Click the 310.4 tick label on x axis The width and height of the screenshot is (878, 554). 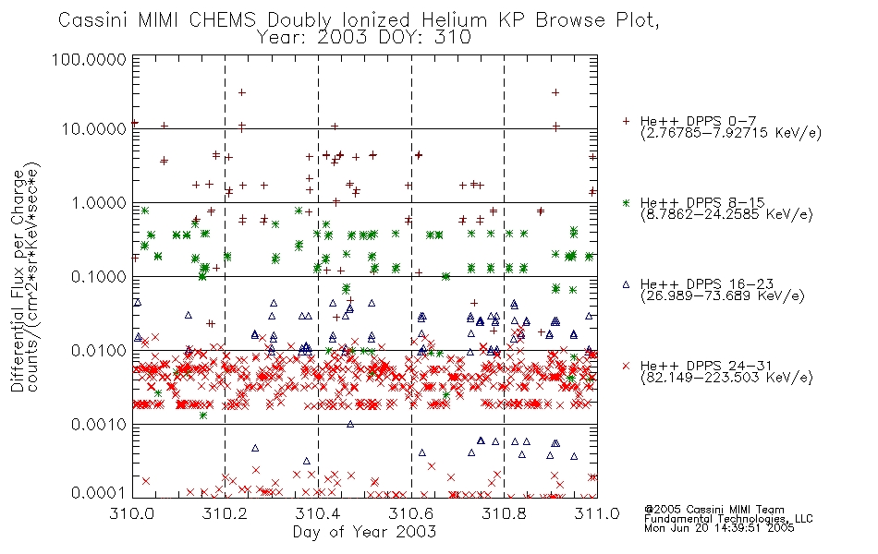[x=318, y=513]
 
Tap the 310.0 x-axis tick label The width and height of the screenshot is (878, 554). [x=132, y=513]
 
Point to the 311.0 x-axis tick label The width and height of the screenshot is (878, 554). [x=597, y=513]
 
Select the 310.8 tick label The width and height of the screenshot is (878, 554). [x=504, y=513]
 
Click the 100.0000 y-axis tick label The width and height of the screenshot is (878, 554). [x=89, y=59]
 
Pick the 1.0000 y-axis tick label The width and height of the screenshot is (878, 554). [x=99, y=202]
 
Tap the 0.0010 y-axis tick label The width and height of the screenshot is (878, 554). [x=99, y=424]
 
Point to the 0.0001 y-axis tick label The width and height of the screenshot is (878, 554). [x=99, y=492]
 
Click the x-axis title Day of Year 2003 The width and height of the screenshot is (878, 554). [x=364, y=532]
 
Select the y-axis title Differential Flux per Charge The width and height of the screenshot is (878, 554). [x=18, y=281]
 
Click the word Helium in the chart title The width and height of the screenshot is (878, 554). [x=454, y=20]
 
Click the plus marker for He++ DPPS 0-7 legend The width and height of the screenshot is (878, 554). [x=626, y=121]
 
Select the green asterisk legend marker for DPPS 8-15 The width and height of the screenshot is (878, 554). [x=626, y=202]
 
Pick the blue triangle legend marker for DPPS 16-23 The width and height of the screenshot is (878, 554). [x=626, y=284]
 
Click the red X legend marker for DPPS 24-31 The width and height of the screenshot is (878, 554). [x=626, y=366]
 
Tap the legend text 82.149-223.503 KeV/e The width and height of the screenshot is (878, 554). [x=726, y=378]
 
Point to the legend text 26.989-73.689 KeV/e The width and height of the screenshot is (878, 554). [x=723, y=296]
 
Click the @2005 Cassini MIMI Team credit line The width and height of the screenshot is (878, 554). [x=713, y=510]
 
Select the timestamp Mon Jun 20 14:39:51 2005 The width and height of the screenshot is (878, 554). [x=719, y=528]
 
